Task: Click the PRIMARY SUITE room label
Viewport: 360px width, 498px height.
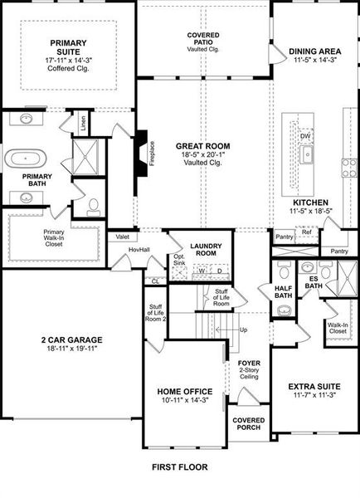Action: pos(68,47)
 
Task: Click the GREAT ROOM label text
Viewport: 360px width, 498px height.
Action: pos(202,146)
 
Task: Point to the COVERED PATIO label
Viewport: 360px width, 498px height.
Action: pos(202,39)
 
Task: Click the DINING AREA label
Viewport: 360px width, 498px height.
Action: pos(314,51)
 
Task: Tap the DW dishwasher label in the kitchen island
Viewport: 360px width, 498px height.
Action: pos(306,135)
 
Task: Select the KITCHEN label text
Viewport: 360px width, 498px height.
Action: pos(310,202)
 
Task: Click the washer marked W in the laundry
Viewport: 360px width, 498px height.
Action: pos(201,271)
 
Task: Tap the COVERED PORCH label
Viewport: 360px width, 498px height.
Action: pos(248,424)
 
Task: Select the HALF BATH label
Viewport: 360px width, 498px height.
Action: pos(283,292)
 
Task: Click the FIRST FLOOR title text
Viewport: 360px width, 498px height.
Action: pos(179,467)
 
